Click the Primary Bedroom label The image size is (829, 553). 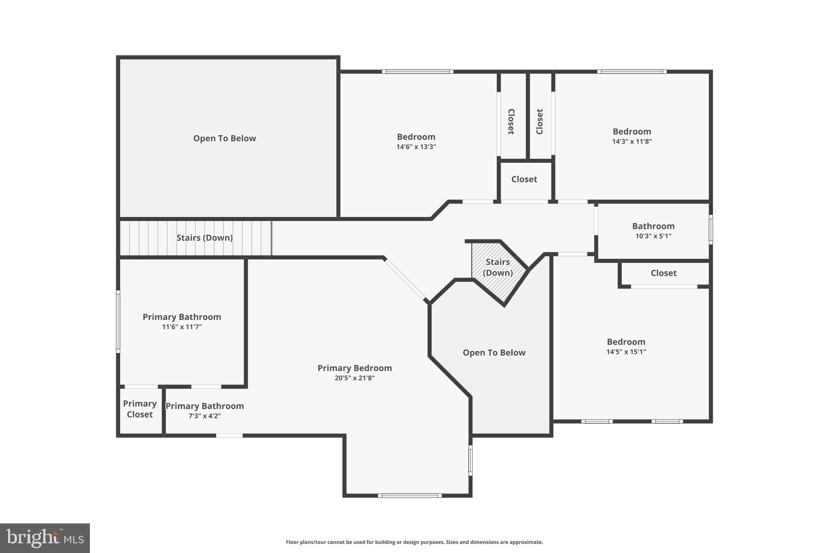coord(354,368)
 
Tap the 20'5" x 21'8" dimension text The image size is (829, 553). coord(354,378)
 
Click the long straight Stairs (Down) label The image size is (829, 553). coord(204,238)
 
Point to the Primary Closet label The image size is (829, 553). coord(140,409)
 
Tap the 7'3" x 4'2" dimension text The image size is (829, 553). coord(204,416)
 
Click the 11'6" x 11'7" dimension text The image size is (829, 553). coord(182,327)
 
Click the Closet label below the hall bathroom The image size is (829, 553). coord(663,273)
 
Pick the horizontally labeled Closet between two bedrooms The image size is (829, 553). coord(524,179)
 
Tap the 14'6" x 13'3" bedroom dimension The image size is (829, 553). coord(416,147)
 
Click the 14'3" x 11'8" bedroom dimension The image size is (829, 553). coord(631,141)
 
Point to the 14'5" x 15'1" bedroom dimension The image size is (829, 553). coord(625,352)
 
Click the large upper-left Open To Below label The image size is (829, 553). coord(224,138)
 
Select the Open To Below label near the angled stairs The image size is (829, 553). coord(494,352)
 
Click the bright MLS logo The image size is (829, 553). coord(45,538)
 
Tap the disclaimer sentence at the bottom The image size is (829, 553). coord(414,542)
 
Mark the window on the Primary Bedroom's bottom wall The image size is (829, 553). coord(410,495)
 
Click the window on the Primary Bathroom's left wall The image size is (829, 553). coord(118,321)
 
